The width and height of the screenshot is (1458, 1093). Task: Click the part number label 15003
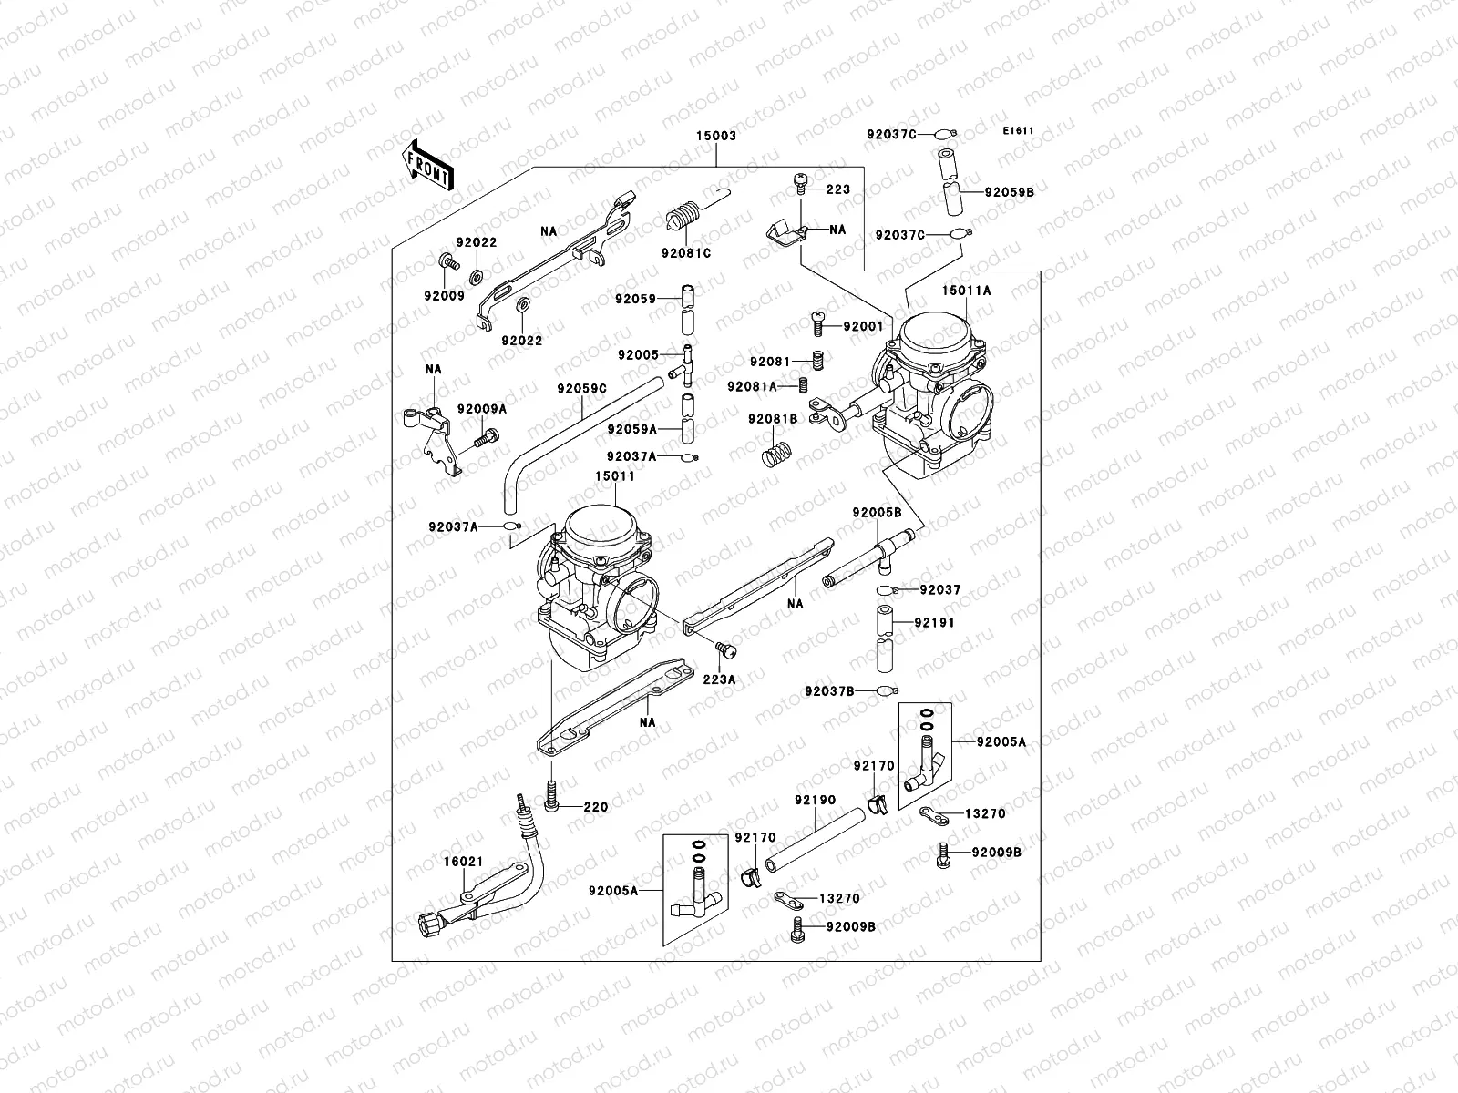coord(717,136)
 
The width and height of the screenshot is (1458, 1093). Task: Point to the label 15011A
coord(967,291)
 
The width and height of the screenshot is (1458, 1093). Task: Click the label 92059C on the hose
coord(581,388)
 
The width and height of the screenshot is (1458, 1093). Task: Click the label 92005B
coord(877,513)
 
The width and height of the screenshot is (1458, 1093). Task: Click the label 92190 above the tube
coord(814,800)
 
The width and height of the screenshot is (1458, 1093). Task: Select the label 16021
coord(463,861)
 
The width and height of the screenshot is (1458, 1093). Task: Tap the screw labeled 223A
coord(725,650)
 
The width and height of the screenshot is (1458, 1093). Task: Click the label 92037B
coord(828,691)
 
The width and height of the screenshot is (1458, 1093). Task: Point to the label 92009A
coord(481,409)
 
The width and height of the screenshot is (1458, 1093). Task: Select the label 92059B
coord(1009,192)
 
